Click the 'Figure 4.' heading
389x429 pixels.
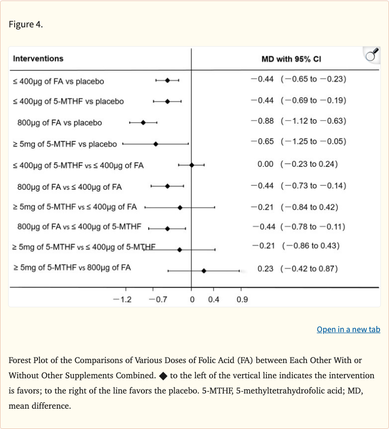[26, 25]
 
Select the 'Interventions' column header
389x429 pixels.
[38, 58]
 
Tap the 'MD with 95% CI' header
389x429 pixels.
[291, 59]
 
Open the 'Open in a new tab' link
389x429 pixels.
[348, 330]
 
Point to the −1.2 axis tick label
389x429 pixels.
[122, 299]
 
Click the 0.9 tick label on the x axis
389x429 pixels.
[242, 299]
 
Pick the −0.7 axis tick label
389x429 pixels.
[158, 299]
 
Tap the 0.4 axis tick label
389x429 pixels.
[214, 299]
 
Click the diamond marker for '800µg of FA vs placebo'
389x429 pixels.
[143, 122]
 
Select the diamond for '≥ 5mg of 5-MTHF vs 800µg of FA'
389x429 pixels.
[204, 271]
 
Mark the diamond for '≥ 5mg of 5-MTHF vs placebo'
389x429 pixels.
[155, 144]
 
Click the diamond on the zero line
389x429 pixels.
[191, 165]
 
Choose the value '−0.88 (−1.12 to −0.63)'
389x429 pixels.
[298, 121]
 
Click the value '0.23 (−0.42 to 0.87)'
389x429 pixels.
[297, 269]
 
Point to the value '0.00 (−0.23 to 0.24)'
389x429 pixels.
[297, 164]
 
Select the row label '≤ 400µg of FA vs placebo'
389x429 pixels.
[59, 81]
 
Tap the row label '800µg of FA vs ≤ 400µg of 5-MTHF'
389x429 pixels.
[79, 227]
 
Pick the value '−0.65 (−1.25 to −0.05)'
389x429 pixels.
[298, 141]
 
